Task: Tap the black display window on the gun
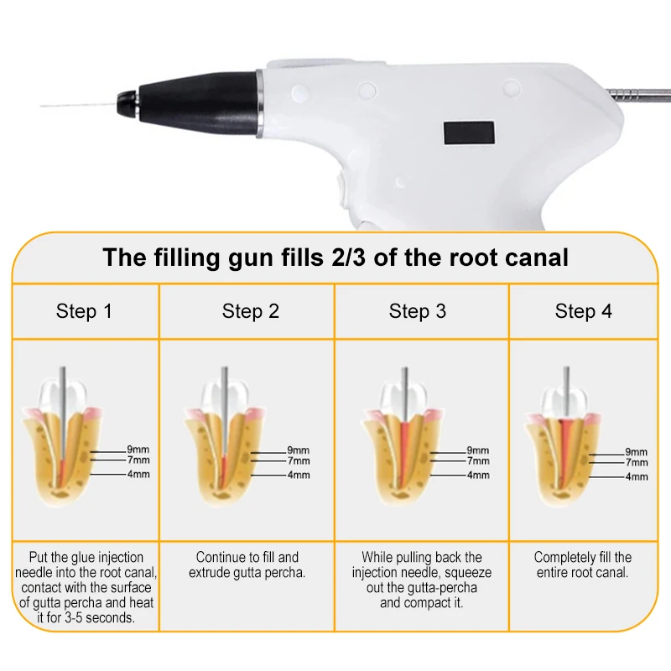tap(468, 132)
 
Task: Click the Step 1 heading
tap(84, 312)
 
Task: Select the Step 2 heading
tap(251, 312)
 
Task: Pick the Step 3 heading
tap(417, 312)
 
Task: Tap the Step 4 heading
tap(583, 312)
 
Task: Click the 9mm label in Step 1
tap(138, 450)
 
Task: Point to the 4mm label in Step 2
tap(298, 475)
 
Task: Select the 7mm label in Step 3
tap(478, 461)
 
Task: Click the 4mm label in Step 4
tap(637, 476)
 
